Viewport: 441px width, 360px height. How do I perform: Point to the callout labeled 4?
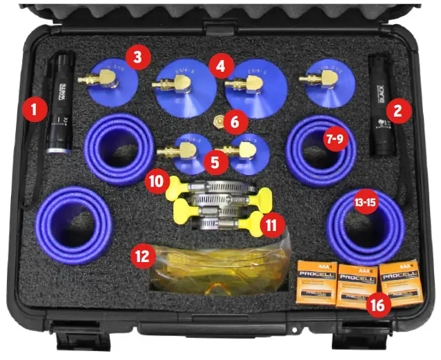tap(220, 66)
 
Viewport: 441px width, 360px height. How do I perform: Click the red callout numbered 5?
tap(214, 163)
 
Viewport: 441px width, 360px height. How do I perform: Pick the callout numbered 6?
tap(235, 123)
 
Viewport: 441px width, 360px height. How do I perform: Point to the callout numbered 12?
tap(142, 257)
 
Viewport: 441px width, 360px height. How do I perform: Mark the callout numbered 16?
tap(377, 303)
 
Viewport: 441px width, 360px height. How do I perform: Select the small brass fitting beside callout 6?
tap(218, 121)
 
